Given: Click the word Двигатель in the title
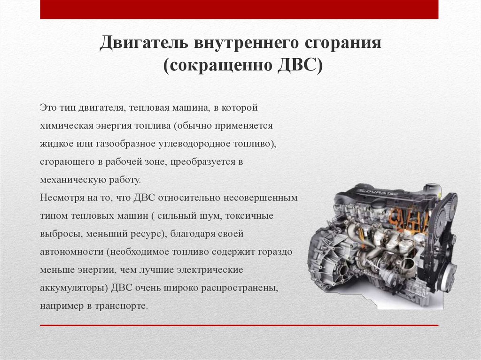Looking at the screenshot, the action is (144, 42).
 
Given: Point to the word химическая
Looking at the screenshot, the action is (68, 126).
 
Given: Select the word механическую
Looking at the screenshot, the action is (73, 180).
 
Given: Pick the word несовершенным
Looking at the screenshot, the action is (260, 198).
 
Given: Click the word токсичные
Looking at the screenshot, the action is (249, 216).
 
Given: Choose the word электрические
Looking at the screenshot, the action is (207, 270).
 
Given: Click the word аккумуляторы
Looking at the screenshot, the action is (74, 288).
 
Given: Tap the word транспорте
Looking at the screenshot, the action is (121, 306).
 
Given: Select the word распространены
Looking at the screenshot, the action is (240, 288).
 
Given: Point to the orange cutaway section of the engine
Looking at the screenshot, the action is (410, 219).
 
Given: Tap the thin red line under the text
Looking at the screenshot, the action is (239, 325).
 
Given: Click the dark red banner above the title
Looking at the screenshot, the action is (239, 9).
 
